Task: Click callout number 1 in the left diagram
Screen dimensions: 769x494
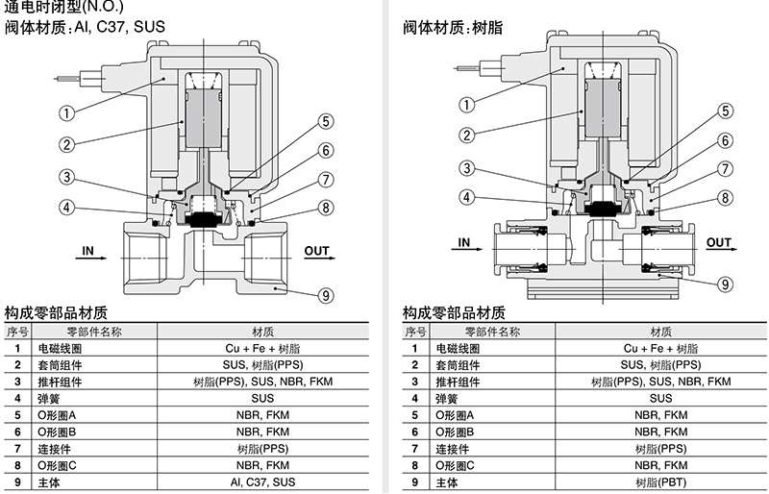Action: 66,113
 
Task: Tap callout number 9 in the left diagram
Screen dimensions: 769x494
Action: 326,295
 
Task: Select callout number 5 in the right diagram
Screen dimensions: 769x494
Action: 726,111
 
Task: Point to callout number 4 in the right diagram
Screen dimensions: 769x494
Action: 466,197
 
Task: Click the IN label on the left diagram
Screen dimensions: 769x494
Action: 87,251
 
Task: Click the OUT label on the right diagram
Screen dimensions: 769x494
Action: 718,242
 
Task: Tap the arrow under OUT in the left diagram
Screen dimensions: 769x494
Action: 320,258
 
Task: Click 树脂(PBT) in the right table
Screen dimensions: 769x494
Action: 660,482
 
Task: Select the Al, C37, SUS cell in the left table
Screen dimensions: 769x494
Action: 262,482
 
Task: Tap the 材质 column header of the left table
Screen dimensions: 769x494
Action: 262,332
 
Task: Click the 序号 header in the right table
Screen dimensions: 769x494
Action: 415,332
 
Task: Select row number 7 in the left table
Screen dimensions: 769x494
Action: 17,449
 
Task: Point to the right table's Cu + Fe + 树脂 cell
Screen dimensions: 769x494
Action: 660,348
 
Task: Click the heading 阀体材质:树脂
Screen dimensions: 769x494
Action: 453,28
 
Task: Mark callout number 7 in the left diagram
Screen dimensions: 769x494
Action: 326,180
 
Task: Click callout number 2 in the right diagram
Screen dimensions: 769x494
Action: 466,135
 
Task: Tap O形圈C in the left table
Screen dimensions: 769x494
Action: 57,465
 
